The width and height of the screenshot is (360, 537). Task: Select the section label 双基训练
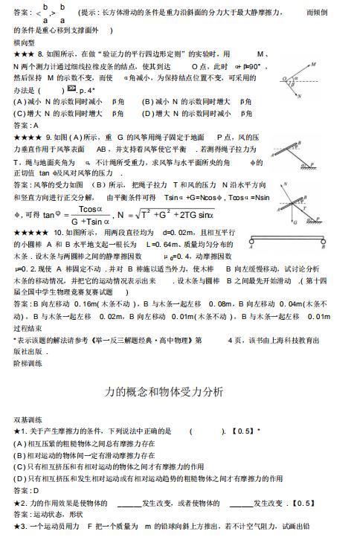(x=28, y=419)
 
